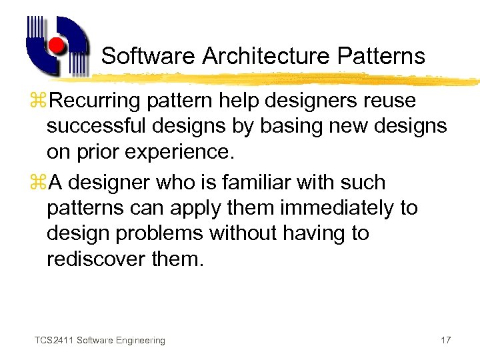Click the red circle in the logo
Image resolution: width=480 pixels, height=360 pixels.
tap(57, 46)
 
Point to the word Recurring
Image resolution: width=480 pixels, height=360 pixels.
tap(99, 101)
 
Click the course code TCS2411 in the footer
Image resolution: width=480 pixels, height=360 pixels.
tap(54, 341)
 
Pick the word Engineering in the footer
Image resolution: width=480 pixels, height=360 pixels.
tap(140, 341)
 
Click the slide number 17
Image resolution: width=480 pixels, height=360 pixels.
tap(446, 341)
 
